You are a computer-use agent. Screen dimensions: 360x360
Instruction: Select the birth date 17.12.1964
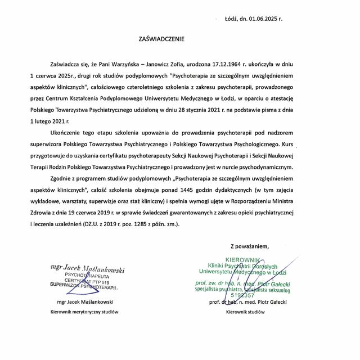[x=208, y=65]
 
